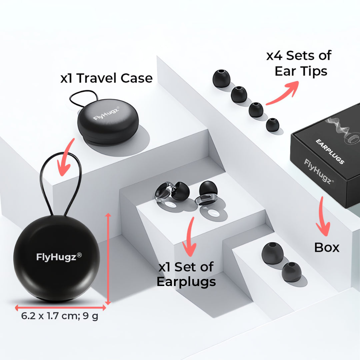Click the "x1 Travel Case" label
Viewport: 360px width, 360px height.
coord(106,78)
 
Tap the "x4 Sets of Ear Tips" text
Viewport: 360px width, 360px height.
coord(299,63)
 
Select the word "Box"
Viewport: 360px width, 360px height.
coord(327,247)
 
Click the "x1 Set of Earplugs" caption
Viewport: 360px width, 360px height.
coord(186,274)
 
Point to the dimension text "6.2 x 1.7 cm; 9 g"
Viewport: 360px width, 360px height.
coord(60,316)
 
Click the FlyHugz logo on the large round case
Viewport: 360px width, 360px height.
coord(59,257)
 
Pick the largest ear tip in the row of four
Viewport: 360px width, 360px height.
coord(221,79)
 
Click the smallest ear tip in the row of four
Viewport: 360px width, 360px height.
coord(272,124)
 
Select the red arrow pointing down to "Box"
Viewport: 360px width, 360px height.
coord(323,217)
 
